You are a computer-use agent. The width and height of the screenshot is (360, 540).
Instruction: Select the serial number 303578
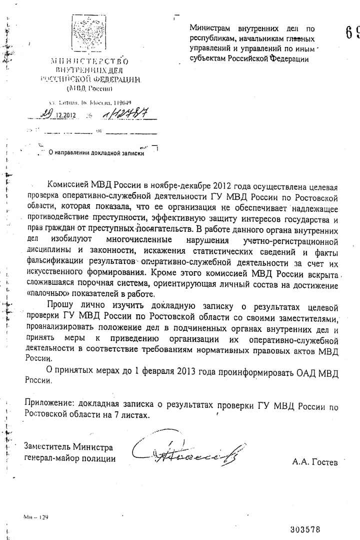tap(305, 529)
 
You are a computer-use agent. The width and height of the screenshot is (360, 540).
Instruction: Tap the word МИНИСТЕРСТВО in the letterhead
tap(89, 61)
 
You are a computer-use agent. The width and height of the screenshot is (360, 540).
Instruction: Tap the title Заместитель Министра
tap(68, 447)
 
